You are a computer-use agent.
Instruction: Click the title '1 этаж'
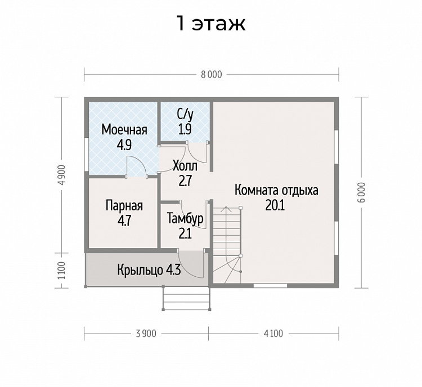tap(211, 24)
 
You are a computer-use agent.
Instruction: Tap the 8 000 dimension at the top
tap(212, 75)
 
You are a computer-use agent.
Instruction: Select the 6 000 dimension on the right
tap(362, 192)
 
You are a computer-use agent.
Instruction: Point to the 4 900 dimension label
tap(62, 175)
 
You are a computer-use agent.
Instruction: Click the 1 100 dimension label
tap(62, 270)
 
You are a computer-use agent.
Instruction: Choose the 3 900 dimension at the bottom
tap(146, 334)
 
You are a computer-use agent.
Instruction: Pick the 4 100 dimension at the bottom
tap(273, 334)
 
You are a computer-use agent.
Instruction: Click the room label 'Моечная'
tap(124, 130)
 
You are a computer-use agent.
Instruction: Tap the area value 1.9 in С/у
tap(185, 129)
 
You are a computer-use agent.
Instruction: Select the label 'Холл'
tap(185, 166)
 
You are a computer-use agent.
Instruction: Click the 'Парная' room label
tap(124, 206)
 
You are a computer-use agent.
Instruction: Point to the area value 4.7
tap(124, 221)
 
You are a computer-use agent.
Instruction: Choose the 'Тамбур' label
tap(185, 218)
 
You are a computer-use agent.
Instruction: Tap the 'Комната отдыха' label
tap(276, 190)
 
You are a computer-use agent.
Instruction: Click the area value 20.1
tap(275, 206)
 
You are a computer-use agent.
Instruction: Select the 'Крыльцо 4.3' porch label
tap(149, 270)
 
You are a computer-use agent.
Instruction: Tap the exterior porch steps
tap(186, 298)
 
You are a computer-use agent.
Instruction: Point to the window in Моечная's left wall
tap(87, 155)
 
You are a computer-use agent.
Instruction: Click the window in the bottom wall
tap(270, 286)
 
